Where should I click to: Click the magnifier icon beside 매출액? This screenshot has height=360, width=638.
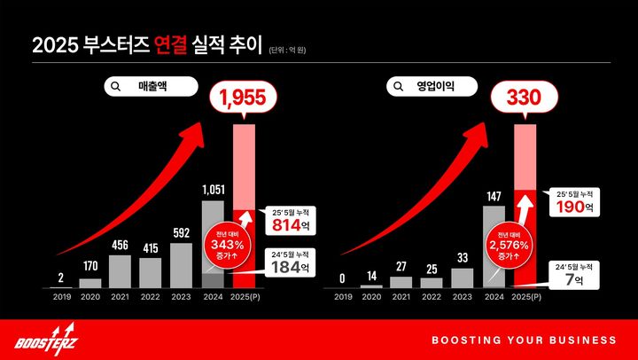[x=116, y=86]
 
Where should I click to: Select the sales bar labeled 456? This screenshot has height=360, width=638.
[x=121, y=271]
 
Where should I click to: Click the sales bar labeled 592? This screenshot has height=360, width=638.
[x=181, y=265]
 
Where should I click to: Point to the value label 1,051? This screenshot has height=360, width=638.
[x=213, y=189]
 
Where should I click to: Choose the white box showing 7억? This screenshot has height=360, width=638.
[x=574, y=277]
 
